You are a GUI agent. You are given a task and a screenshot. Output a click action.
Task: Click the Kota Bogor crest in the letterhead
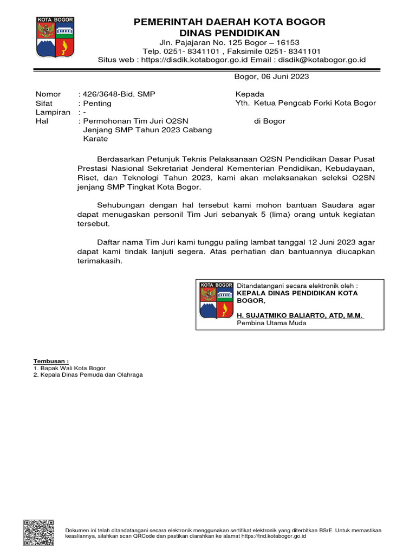[55, 37]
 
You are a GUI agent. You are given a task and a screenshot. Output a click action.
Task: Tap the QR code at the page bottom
[38, 532]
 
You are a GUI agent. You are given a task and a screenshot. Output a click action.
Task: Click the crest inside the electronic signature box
[216, 301]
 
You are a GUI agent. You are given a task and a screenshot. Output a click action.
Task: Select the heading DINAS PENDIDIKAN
[229, 33]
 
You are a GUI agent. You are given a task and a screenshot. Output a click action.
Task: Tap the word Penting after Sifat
[97, 103]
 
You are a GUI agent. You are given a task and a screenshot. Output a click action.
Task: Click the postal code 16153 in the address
[288, 42]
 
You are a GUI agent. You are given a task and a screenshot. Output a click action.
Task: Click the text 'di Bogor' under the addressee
[269, 121]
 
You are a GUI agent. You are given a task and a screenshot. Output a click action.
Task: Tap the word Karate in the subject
[95, 139]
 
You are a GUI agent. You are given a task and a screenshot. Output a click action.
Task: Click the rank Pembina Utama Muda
[271, 323]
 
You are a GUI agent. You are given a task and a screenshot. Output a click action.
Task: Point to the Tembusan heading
[51, 361]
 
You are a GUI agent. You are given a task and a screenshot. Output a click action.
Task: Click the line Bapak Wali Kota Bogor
[69, 368]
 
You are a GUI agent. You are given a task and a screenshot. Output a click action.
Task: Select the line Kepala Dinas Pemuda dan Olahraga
[88, 375]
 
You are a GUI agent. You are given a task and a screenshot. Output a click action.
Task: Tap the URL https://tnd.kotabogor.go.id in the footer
[270, 535]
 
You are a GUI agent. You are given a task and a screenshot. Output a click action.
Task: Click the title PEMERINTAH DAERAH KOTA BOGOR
[229, 22]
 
